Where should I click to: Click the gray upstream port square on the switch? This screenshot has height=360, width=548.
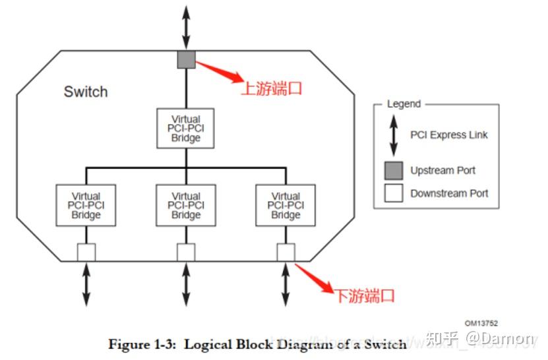[x=186, y=60]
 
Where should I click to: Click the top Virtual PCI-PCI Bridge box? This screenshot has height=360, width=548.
[x=186, y=129]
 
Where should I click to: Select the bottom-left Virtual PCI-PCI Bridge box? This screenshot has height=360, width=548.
[x=86, y=205]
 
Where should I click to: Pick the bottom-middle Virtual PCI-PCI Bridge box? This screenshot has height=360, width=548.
[x=186, y=205]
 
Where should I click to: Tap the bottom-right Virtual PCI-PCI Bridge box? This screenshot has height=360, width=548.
[x=286, y=205]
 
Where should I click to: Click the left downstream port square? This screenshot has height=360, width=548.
[x=86, y=252]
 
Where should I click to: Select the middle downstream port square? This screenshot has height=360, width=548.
[x=186, y=252]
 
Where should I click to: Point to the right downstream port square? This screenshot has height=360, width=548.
[x=286, y=252]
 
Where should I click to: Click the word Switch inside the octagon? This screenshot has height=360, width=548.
[x=85, y=92]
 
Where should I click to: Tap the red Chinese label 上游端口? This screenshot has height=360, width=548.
[x=271, y=88]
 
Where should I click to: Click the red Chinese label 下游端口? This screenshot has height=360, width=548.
[x=364, y=295]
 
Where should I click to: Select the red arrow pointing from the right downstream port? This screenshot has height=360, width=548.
[x=313, y=278]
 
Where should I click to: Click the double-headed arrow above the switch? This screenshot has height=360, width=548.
[x=186, y=25]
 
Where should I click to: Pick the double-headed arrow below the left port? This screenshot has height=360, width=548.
[x=86, y=285]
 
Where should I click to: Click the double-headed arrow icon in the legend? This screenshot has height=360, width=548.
[x=394, y=135]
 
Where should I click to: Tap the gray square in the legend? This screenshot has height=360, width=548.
[x=394, y=170]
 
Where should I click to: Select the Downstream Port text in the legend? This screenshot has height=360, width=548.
[x=449, y=193]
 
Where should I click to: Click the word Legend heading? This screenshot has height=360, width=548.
[x=403, y=104]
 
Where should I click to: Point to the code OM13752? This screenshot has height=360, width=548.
[x=481, y=323]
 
